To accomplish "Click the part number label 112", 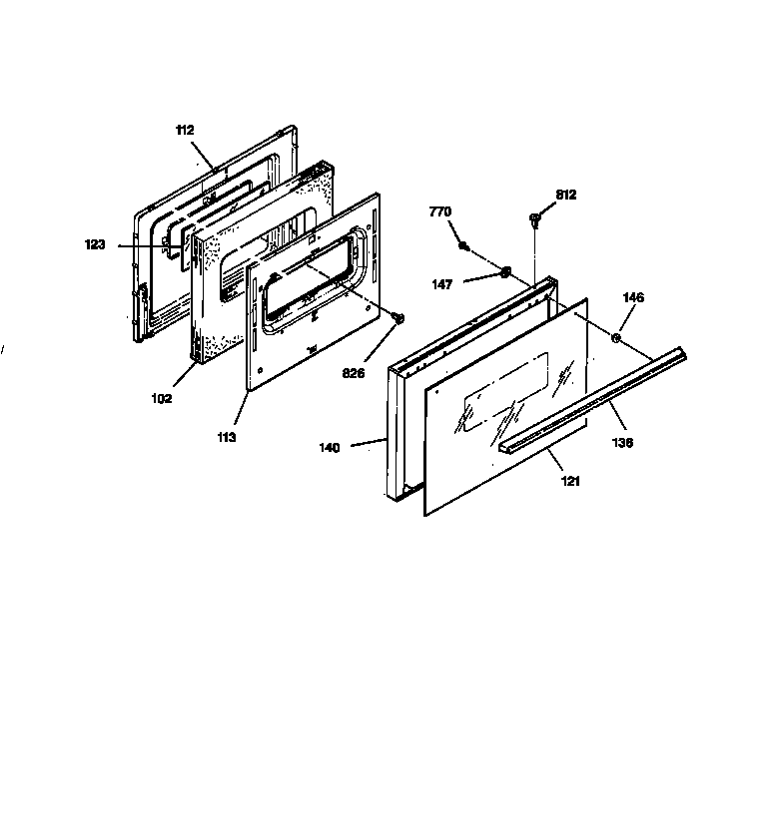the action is [x=185, y=130].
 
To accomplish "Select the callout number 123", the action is [x=95, y=244].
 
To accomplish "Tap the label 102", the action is [x=162, y=398].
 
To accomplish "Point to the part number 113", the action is [x=227, y=437].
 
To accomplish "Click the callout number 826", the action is [x=354, y=373].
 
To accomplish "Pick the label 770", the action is [x=440, y=211].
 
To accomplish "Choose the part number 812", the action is [x=566, y=195].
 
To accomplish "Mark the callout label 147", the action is [x=442, y=284].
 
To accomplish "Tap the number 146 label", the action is [x=633, y=297].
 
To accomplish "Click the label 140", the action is [x=330, y=448].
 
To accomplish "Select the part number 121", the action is [x=570, y=480].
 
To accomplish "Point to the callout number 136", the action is [x=622, y=443].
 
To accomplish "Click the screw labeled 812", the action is [x=534, y=219].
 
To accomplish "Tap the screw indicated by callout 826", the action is [x=398, y=318].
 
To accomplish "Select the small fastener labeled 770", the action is [x=463, y=245].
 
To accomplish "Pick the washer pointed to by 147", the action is [x=505, y=272].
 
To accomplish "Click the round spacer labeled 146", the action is [x=616, y=337].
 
